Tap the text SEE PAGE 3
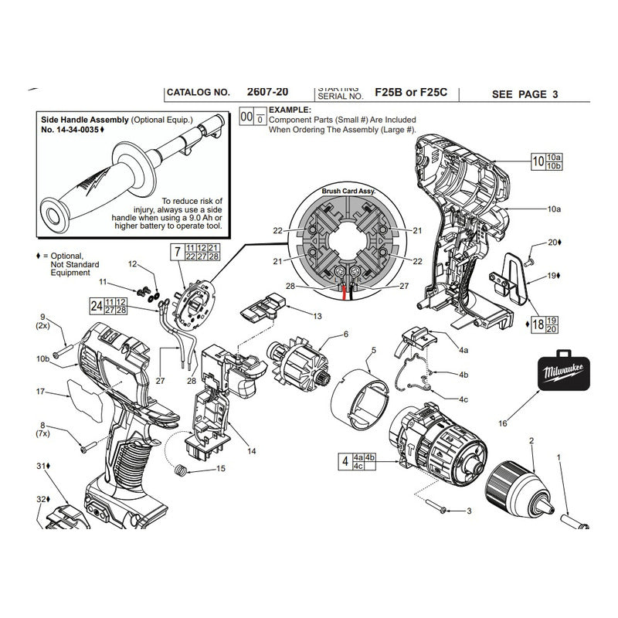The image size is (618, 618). [x=525, y=94]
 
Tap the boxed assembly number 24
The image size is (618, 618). [x=96, y=304]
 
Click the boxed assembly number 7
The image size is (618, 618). [x=177, y=251]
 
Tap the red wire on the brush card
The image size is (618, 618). [x=345, y=290]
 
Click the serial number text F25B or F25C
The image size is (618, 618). [x=408, y=93]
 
